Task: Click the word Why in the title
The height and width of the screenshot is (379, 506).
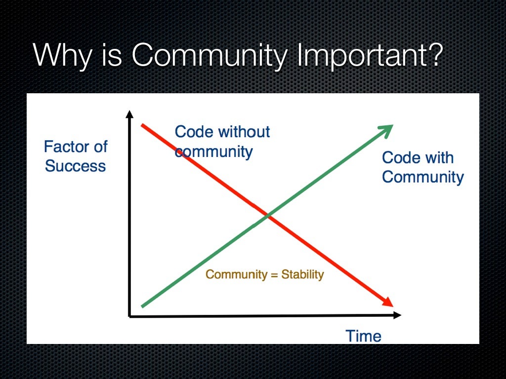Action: click(62, 55)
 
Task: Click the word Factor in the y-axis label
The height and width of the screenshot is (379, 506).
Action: click(63, 147)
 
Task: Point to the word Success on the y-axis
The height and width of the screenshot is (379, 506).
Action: click(75, 166)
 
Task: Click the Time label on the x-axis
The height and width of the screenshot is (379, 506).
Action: click(363, 336)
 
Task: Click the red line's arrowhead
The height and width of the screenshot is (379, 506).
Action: click(387, 302)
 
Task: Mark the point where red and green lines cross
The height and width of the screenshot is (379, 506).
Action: click(267, 216)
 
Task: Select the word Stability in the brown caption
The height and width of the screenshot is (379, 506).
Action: click(302, 274)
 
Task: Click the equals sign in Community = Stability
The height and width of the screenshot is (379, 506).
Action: click(274, 275)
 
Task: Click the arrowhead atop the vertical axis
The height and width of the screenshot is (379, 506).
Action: click(129, 114)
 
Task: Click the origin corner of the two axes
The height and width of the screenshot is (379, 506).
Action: click(129, 315)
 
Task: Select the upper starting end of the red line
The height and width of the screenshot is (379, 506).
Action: click(143, 125)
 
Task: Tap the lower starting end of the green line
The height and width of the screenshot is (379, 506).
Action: click(143, 306)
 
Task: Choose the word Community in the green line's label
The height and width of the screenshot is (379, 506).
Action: click(422, 177)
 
